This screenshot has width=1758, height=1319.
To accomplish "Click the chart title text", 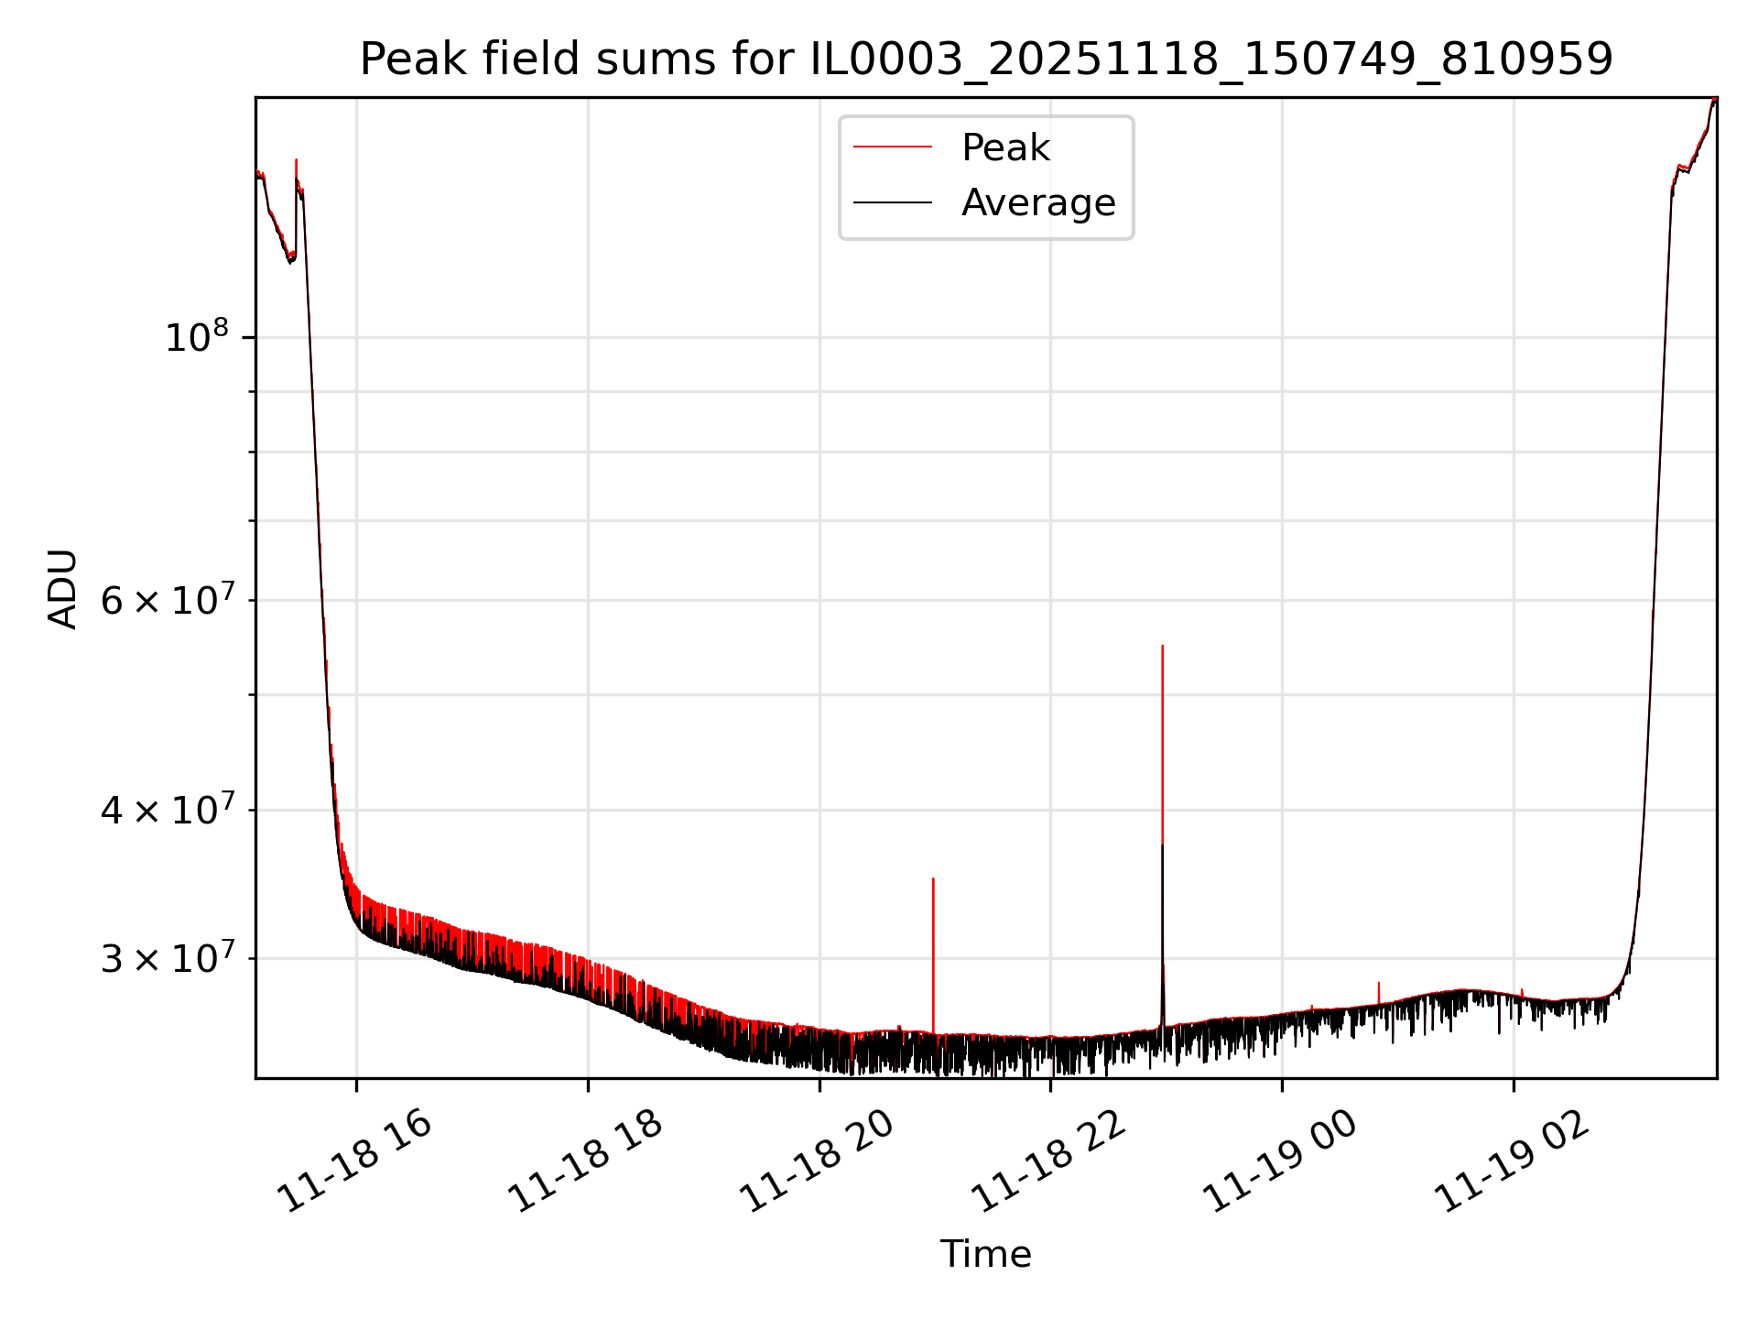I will coord(985,60).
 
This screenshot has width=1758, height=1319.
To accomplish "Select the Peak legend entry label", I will coord(1005,147).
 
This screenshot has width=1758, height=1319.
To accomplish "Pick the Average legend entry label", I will coord(1038,202).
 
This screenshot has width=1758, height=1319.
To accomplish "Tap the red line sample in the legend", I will coord(893,147).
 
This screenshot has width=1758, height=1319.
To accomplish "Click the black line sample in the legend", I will coord(893,202).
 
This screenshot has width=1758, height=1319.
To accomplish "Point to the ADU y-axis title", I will coord(62,588).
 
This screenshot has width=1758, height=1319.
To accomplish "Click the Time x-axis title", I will coord(985,1254).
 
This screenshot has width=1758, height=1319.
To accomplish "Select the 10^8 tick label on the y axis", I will coord(196,337).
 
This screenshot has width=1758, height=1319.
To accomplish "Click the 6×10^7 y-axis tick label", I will coord(167,601).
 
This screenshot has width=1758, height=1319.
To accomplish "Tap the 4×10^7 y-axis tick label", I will coord(167,810).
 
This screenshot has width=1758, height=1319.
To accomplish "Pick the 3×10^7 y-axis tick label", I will coord(167,959).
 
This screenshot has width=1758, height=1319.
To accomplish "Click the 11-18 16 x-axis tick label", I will coord(354,1163).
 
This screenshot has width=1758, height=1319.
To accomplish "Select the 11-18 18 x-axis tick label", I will coord(585,1163).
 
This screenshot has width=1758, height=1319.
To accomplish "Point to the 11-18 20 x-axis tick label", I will coord(817,1163).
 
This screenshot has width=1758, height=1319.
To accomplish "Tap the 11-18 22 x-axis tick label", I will coord(1048,1163).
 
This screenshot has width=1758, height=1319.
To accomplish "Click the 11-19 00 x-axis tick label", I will coord(1280,1163).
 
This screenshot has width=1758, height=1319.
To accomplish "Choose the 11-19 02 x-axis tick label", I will coord(1512,1163).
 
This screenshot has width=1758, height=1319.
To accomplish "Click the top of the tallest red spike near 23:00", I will coord(1162,646).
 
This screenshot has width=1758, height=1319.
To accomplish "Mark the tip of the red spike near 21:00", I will coord(933,878).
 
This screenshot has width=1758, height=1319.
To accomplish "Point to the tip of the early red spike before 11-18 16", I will coord(296,160).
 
